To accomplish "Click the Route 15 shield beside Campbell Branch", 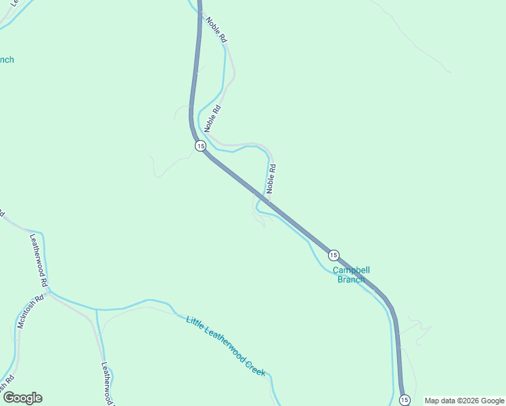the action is tap(333, 255).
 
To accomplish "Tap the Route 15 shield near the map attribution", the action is tap(404, 400).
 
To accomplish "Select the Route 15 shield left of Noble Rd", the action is tap(200, 146).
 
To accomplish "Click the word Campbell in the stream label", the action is tap(351, 269).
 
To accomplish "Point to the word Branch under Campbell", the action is tap(351, 279).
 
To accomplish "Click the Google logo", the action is tap(22, 398).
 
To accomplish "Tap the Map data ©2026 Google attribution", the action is tap(464, 401).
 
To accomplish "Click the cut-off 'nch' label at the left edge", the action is tap(7, 60).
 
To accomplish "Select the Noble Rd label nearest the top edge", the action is tap(216, 30).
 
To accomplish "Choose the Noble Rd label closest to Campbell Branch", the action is tap(271, 178).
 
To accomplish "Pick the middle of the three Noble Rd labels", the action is tap(212, 117).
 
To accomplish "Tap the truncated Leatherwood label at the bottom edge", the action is tap(107, 383).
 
